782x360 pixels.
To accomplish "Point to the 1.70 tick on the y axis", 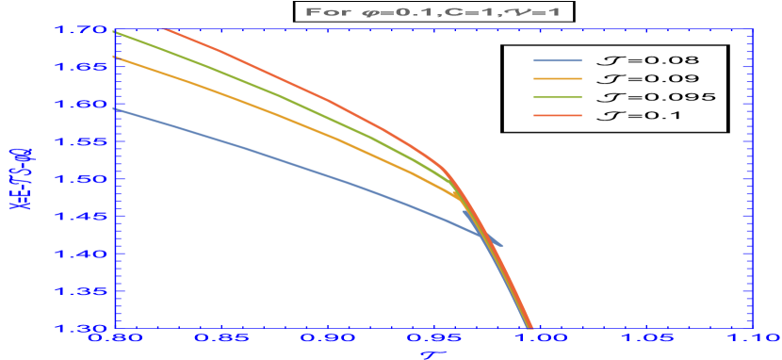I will (x=82, y=30).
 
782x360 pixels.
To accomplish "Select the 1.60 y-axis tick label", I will (x=82, y=105).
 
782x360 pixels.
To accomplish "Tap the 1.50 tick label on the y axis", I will (x=82, y=179).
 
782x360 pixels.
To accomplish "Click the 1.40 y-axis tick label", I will (x=82, y=254).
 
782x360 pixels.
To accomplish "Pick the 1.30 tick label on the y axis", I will (x=82, y=328).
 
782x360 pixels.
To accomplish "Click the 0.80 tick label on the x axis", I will (x=114, y=341).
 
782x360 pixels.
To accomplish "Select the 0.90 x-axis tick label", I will (x=327, y=341).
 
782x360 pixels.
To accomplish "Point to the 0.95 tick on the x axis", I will (x=432, y=341).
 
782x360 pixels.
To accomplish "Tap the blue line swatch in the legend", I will (x=558, y=61).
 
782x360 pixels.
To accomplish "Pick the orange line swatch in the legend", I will (x=558, y=79).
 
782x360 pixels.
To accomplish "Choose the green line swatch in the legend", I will (x=558, y=97).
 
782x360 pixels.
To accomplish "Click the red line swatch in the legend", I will (x=558, y=115).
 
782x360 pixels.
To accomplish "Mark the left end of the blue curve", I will (x=115, y=109).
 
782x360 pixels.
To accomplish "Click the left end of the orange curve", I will (x=115, y=57).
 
